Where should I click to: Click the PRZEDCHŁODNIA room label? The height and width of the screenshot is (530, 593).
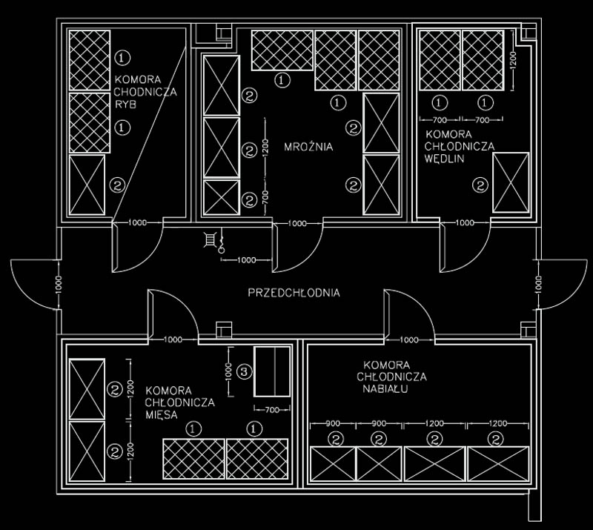click(x=294, y=293)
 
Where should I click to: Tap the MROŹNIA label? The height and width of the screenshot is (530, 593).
click(x=308, y=147)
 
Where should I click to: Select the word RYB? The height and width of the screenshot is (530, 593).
click(x=125, y=105)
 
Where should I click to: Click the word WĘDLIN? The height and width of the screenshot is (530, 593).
click(x=444, y=159)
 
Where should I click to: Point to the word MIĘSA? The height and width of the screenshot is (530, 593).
click(x=162, y=414)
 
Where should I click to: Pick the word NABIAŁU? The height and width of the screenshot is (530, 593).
click(x=385, y=389)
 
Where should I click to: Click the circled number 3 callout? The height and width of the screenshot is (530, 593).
click(x=244, y=372)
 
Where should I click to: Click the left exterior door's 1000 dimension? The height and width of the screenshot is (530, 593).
click(x=58, y=285)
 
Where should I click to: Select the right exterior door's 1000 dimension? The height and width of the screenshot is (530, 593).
click(x=539, y=285)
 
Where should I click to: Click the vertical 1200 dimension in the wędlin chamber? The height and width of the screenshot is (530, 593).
click(x=513, y=61)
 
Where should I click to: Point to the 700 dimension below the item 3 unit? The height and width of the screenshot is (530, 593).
click(x=272, y=409)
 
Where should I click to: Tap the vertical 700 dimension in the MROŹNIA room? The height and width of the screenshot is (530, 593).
click(x=265, y=196)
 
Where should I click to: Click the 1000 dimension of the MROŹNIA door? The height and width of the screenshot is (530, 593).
click(x=297, y=223)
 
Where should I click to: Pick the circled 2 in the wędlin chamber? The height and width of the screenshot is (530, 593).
click(x=480, y=185)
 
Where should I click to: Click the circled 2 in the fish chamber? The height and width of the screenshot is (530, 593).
click(x=117, y=185)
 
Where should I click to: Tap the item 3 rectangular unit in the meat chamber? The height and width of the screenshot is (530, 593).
click(x=272, y=371)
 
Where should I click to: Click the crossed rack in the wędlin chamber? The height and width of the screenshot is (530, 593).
click(x=511, y=182)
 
